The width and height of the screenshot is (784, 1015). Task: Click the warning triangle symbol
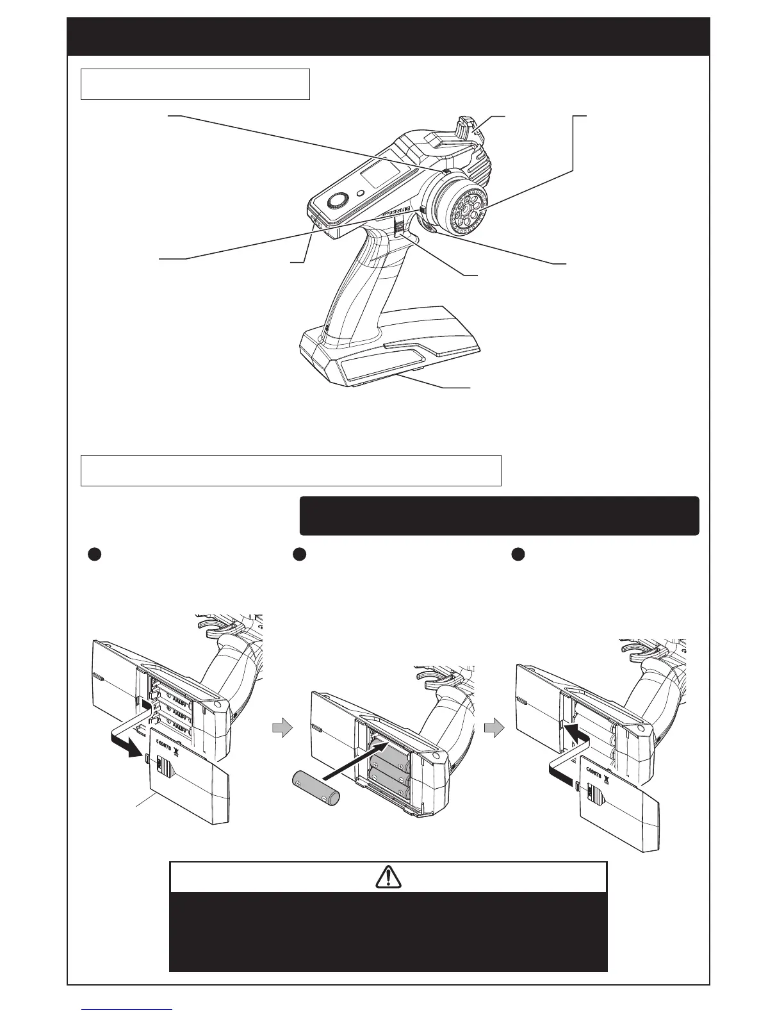[x=388, y=877]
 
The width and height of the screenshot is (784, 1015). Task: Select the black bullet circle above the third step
[x=519, y=555]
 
